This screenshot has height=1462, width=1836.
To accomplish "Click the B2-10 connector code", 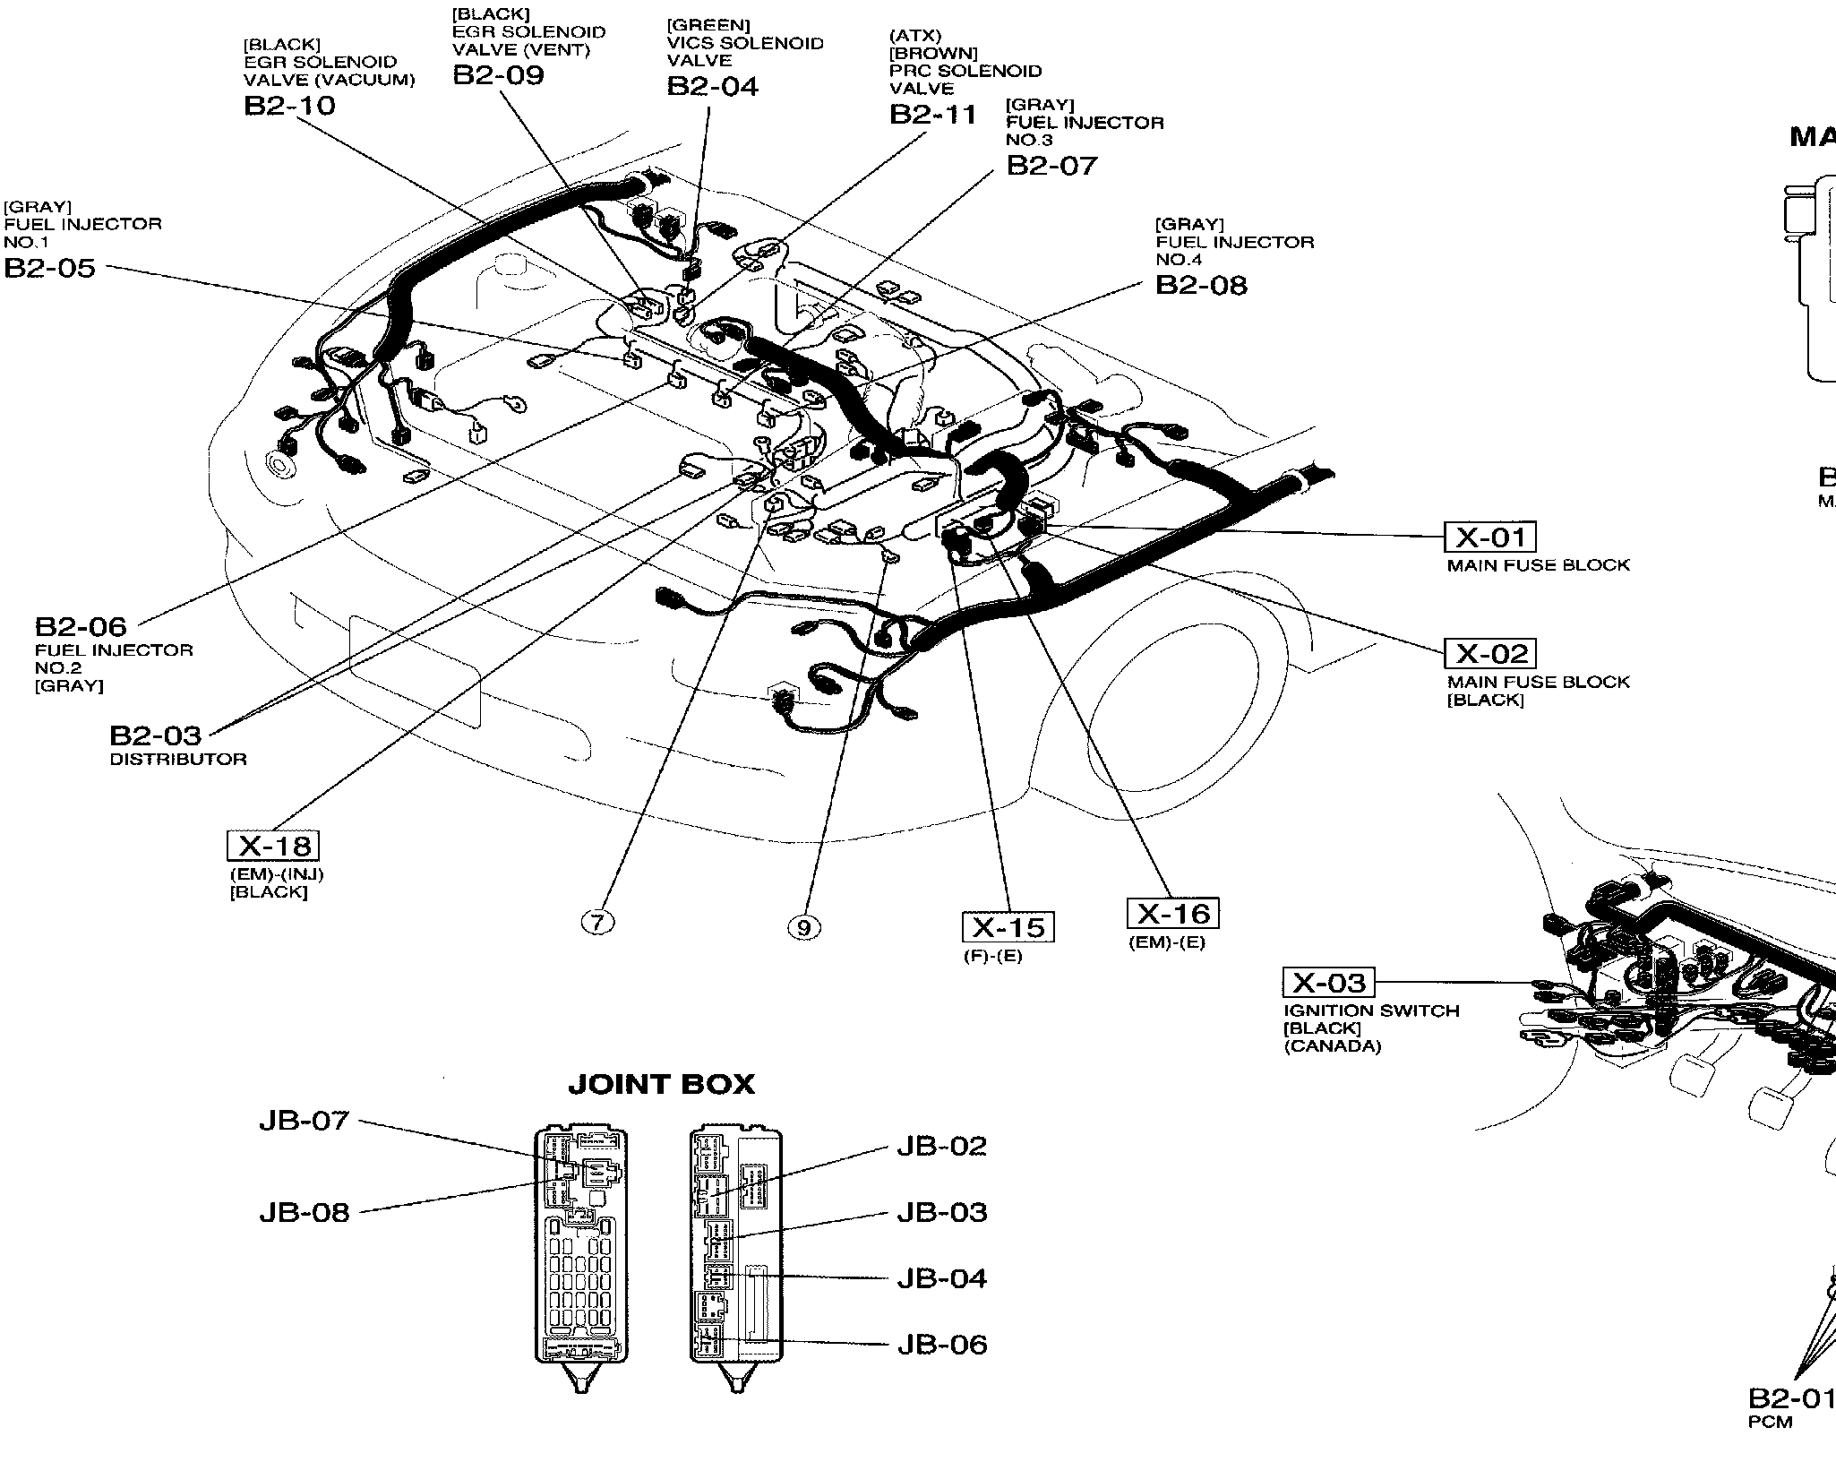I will (289, 106).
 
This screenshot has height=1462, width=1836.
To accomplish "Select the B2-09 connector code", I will (498, 74).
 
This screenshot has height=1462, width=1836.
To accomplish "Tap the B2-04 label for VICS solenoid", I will (712, 86).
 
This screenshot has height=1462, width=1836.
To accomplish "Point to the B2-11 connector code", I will (933, 115).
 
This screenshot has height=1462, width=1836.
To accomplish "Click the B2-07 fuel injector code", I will (1051, 166).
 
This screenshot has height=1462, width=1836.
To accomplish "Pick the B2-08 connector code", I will (1201, 285).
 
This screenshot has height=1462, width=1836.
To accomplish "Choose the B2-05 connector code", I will (50, 268).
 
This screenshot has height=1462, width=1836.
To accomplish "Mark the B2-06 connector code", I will (81, 625).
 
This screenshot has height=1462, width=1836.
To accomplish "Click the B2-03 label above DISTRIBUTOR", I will (156, 735).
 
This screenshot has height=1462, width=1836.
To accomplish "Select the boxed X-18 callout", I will (273, 846).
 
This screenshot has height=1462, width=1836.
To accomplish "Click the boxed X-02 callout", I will (1490, 653).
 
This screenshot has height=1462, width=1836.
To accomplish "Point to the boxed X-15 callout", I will (1008, 927).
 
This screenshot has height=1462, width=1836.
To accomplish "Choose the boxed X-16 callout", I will (1172, 913).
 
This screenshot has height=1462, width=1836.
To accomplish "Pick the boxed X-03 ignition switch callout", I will (1328, 983).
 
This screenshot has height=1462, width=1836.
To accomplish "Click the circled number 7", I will (598, 922).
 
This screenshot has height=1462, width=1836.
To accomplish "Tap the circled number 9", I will (803, 927).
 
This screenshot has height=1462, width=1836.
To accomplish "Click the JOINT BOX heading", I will (661, 1085).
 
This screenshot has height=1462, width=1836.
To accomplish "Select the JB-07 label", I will (304, 1121).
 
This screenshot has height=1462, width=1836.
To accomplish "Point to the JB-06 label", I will (942, 1345).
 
